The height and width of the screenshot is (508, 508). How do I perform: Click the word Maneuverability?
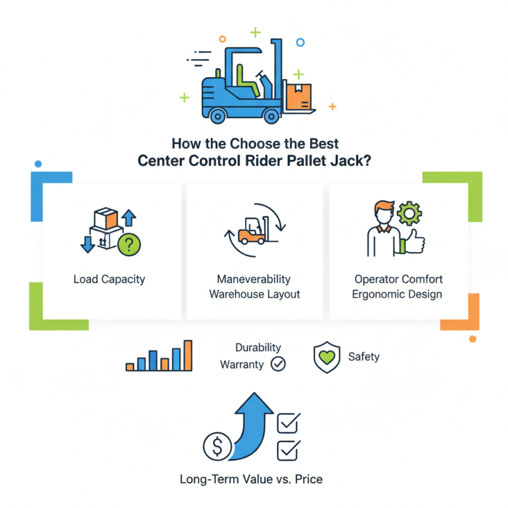pos(253,279)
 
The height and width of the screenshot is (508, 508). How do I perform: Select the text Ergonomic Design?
pos(398,294)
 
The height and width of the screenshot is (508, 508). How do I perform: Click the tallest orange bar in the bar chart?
pos(187,355)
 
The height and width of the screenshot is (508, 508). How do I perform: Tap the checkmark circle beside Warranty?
pos(278,364)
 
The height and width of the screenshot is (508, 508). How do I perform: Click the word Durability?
pos(258,348)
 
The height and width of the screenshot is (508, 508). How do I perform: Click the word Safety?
pos(364,356)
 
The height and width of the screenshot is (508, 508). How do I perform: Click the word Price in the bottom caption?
pos(307,479)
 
